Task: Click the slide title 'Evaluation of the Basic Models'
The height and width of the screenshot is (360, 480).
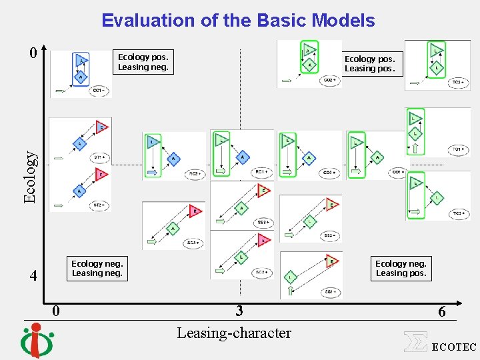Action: pyautogui.click(x=238, y=21)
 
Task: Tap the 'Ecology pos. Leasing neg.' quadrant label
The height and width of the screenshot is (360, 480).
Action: pyautogui.click(x=143, y=61)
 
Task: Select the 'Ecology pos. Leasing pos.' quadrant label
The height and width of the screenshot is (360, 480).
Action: pyautogui.click(x=369, y=63)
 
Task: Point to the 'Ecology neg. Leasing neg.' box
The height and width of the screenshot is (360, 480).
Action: pyautogui.click(x=97, y=268)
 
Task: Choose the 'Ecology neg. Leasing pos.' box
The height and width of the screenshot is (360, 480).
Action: pyautogui.click(x=401, y=268)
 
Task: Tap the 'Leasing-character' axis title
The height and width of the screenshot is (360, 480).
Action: pyautogui.click(x=233, y=333)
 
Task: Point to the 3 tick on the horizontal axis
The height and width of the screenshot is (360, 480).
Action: pyautogui.click(x=239, y=311)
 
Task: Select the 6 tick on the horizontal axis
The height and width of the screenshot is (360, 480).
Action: pyautogui.click(x=441, y=311)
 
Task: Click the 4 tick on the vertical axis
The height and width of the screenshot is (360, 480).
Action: pyautogui.click(x=33, y=275)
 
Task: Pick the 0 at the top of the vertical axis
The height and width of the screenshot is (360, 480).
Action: pyautogui.click(x=33, y=53)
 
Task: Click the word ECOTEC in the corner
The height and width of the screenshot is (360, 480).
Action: pyautogui.click(x=454, y=347)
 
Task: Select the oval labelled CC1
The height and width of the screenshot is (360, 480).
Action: pyautogui.click(x=98, y=90)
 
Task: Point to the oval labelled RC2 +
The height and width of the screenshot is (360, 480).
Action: pyautogui.click(x=195, y=174)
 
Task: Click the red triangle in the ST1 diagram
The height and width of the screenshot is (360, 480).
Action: pyautogui.click(x=101, y=127)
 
